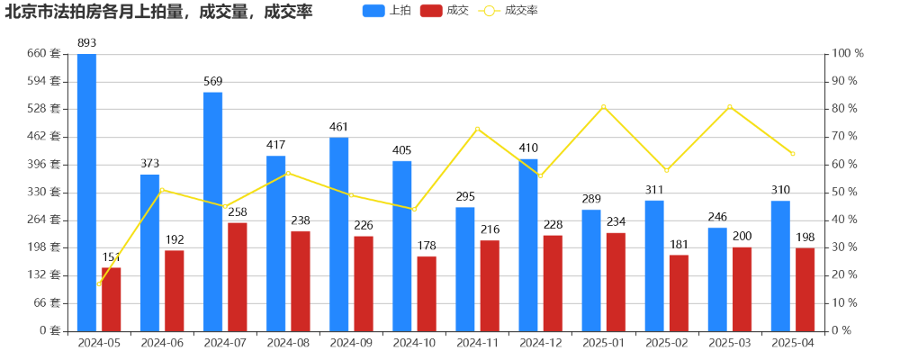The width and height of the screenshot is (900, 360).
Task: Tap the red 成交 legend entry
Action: [x=445, y=11]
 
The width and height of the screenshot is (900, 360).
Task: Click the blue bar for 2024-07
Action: [x=212, y=211]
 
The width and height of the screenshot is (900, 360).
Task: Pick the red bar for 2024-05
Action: [x=111, y=299]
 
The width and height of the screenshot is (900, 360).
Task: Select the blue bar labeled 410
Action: [x=528, y=245]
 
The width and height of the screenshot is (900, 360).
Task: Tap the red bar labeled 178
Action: [x=427, y=293]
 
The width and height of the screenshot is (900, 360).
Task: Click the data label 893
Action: [x=86, y=42]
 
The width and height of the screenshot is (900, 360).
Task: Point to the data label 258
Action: [x=237, y=212]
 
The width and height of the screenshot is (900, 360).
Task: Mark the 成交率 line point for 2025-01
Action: [x=603, y=107]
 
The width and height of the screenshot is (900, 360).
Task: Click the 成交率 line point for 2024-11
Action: [x=477, y=129]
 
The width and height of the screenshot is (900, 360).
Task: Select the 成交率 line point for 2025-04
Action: [x=793, y=154]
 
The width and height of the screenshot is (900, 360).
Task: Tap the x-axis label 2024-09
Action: [x=351, y=343]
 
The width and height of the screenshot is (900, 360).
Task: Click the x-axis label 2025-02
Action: [x=667, y=343]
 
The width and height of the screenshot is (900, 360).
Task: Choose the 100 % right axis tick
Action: [x=847, y=54]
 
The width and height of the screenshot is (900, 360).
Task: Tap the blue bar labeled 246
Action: [x=717, y=279]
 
